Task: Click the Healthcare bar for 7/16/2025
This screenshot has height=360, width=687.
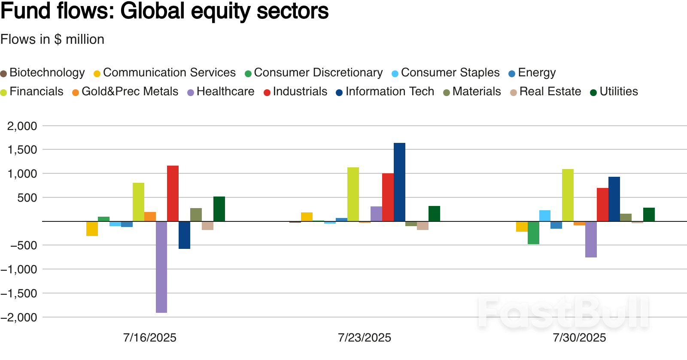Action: [161, 266]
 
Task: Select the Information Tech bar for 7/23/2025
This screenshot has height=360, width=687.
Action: [399, 182]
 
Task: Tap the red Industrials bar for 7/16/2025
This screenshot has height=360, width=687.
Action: [173, 193]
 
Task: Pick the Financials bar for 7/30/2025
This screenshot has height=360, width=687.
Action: [568, 195]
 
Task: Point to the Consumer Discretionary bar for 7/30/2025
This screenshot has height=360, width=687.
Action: [533, 233]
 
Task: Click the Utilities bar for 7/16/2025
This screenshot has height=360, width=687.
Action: [219, 209]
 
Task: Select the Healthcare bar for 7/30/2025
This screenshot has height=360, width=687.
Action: [591, 239]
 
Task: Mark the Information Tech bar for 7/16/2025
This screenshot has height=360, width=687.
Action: [184, 235]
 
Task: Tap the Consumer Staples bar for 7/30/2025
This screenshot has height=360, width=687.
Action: [545, 215]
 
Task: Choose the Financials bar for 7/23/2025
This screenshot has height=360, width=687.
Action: [353, 194]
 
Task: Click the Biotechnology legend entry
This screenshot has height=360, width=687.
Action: [43, 73]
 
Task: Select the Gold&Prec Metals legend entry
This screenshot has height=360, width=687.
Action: [125, 91]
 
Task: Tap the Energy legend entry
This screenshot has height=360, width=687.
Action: [532, 73]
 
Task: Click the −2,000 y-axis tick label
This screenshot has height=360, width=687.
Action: [19, 317]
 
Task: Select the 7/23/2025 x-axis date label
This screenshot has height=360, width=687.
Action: [364, 338]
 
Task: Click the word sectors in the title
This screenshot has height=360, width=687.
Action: [292, 11]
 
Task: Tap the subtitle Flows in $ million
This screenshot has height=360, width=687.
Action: [52, 39]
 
